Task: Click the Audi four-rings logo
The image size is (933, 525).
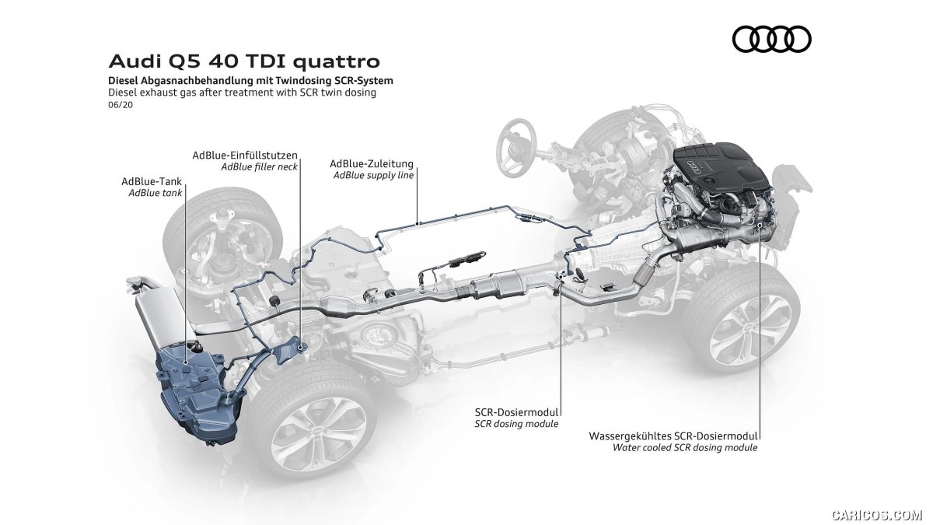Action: pos(771,39)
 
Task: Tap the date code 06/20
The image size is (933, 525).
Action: pos(121,105)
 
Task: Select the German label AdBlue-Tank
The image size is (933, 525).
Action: pos(152,181)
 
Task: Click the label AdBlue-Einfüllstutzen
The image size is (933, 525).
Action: pos(245,156)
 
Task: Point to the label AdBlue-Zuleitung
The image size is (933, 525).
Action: pos(372,164)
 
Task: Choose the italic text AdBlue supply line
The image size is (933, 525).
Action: pos(374,176)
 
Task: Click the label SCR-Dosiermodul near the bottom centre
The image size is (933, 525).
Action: pos(516,412)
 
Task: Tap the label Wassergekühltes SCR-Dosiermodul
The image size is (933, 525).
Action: pos(673,436)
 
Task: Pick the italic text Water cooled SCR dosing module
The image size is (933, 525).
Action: pos(685,448)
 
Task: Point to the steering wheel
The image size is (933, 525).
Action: pos(516,142)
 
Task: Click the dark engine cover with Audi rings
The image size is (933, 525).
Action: pos(722,170)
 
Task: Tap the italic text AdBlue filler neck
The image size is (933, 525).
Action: pos(259,167)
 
